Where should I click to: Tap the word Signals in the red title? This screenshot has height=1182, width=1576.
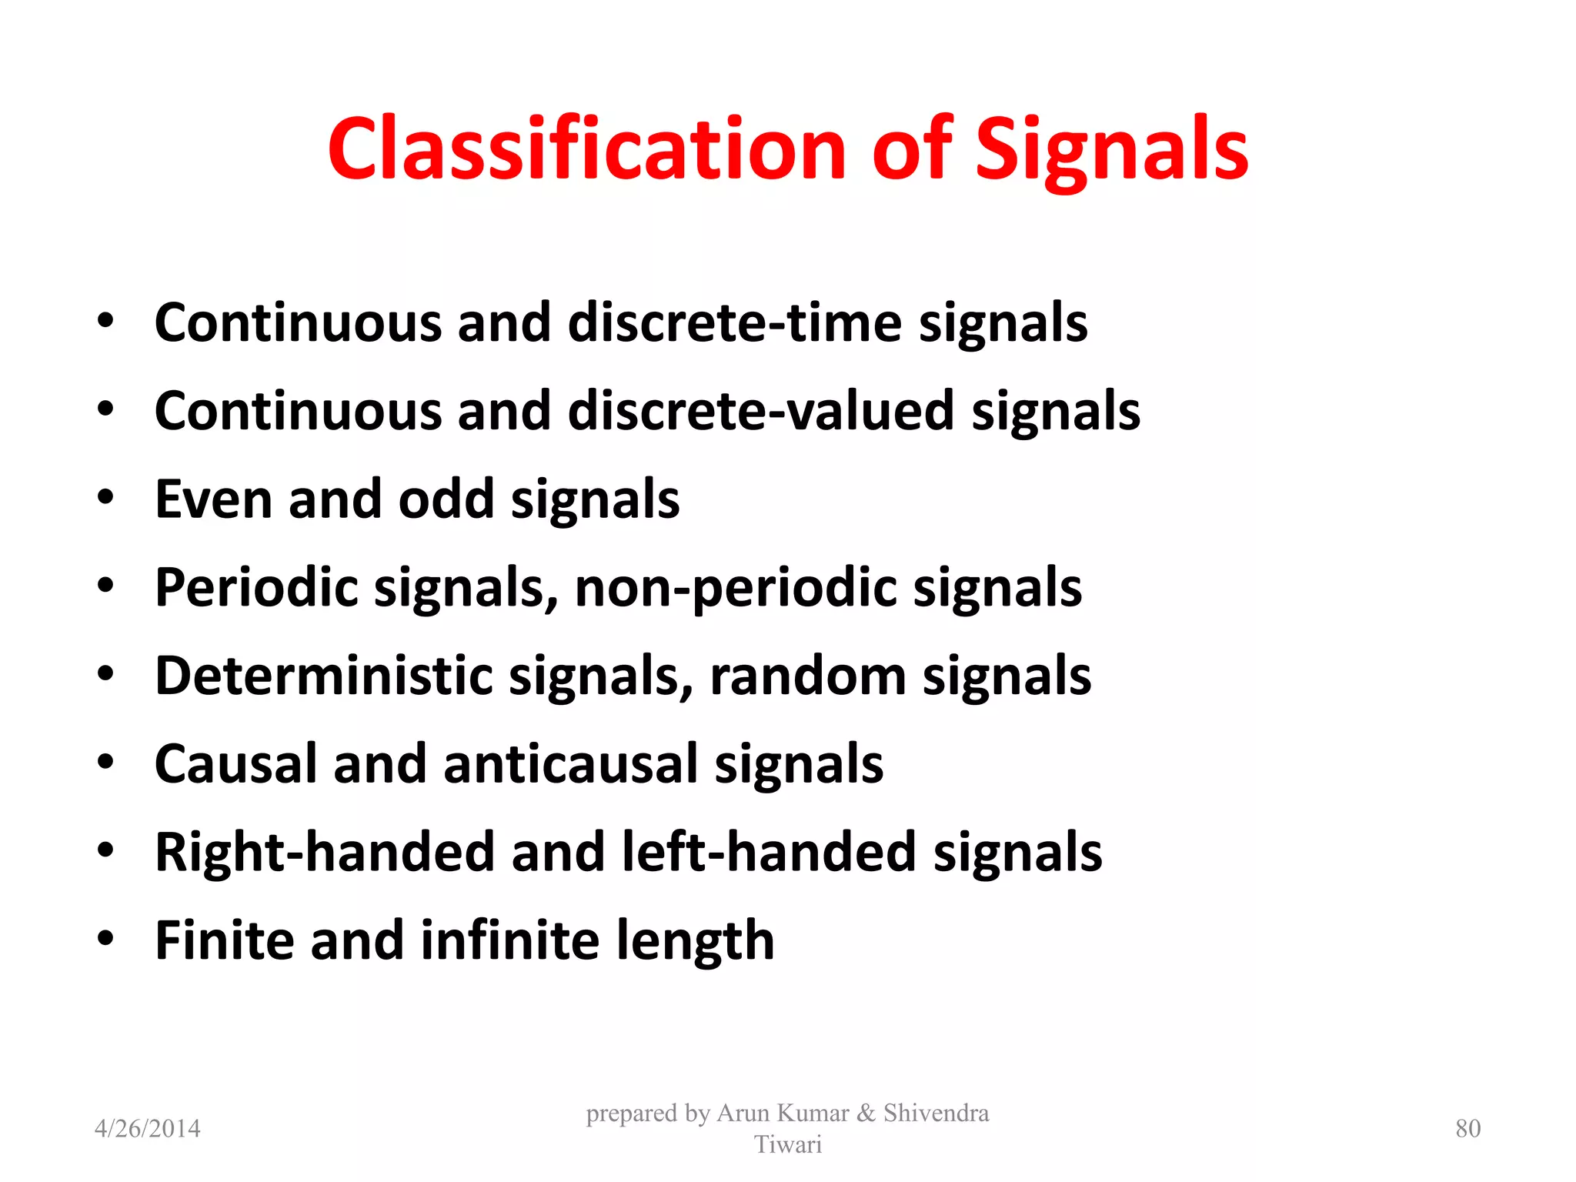point(1111,150)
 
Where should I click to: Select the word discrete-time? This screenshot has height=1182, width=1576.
point(734,322)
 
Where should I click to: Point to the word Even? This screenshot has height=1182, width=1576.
point(214,499)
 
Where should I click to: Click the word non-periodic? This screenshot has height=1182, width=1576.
point(735,589)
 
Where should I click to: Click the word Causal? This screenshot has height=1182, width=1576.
point(235,765)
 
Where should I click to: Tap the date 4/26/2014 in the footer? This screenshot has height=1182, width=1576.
point(147,1129)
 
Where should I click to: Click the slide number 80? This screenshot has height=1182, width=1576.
point(1467,1129)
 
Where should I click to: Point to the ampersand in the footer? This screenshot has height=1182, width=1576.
point(866,1114)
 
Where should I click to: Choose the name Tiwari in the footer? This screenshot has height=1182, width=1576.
point(787,1145)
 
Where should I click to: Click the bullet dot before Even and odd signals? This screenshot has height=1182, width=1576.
point(105,498)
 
